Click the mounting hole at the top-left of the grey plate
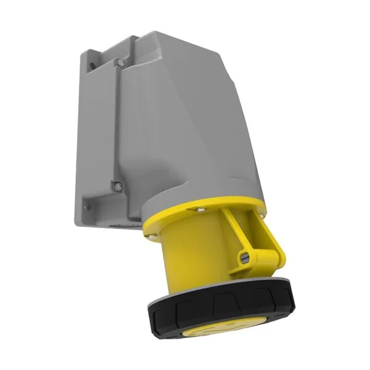pos(91,62)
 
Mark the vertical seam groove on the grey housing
pos(118,123)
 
